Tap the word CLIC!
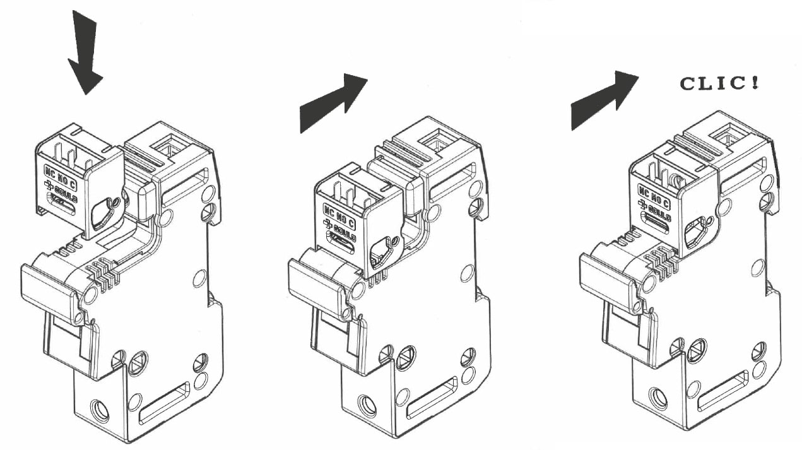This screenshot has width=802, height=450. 719,83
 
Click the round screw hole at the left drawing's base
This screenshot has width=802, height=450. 98,411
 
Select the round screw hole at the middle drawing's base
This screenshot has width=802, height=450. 367,405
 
